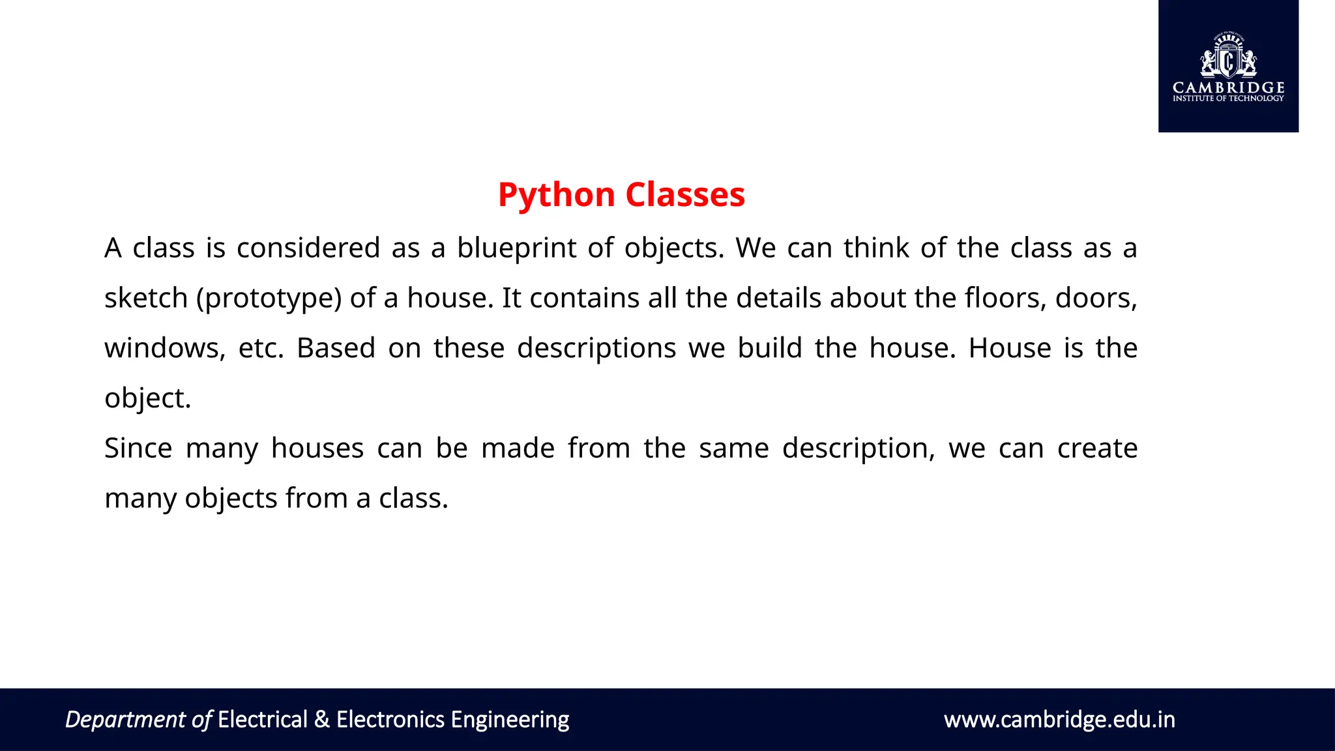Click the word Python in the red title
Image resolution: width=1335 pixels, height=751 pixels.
pos(556,195)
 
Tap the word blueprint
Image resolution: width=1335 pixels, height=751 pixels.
pos(516,248)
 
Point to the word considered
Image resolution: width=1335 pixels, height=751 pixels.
pos(308,248)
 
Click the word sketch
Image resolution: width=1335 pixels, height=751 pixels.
pos(146,298)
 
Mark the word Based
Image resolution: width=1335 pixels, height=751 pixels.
pos(336,348)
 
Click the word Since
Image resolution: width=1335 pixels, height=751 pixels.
pos(138,449)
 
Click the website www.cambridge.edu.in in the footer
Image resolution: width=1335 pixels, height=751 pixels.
pos(1059,720)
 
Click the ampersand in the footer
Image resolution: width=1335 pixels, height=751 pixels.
pos(321,720)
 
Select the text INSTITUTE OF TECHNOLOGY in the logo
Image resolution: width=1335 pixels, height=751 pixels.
pos(1228,98)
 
